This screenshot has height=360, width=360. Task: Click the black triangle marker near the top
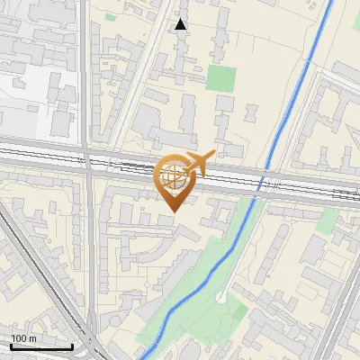point(181,24)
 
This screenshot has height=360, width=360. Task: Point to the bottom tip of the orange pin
point(172,211)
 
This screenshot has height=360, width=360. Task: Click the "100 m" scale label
point(24,337)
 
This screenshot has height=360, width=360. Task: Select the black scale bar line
point(40,346)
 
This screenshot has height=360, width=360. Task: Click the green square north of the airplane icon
point(221,77)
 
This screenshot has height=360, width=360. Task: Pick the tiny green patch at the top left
point(110,16)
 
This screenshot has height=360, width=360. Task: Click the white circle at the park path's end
point(221,296)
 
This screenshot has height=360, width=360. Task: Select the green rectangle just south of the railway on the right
point(328,219)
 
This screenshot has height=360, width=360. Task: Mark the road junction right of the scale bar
point(93,345)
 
